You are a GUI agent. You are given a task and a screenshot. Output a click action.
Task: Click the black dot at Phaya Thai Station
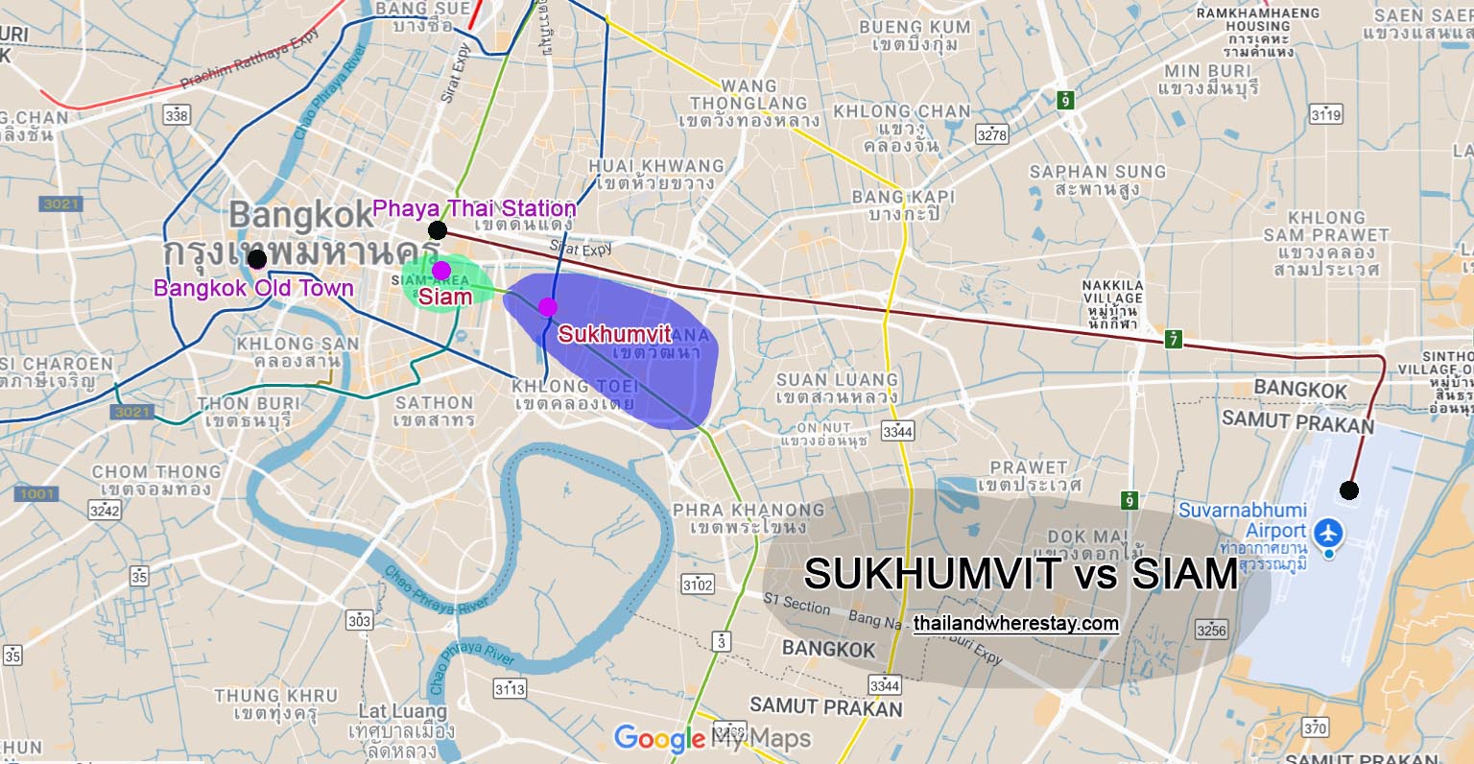click(438, 229)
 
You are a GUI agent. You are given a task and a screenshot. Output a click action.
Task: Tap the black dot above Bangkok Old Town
click(256, 259)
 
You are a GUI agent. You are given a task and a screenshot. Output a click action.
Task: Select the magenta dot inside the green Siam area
click(441, 270)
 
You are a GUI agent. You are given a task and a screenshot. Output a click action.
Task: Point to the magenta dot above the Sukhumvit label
click(547, 306)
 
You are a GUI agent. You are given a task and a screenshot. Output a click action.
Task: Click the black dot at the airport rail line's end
click(1349, 490)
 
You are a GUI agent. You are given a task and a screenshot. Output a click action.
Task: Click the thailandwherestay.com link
click(1016, 624)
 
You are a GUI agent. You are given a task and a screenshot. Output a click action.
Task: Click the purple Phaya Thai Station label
click(474, 208)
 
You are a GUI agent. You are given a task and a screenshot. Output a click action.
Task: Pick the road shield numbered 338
click(177, 115)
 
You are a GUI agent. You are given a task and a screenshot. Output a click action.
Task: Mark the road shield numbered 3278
click(991, 134)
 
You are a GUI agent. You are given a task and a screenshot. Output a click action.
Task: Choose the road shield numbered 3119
click(1325, 115)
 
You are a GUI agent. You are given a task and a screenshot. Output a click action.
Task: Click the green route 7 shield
click(1173, 340)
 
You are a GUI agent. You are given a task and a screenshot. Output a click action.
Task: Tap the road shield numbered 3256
click(1211, 630)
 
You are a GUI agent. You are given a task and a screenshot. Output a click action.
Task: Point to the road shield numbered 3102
click(698, 584)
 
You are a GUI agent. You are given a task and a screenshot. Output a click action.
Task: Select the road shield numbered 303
click(359, 620)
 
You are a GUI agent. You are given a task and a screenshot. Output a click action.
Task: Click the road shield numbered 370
click(1315, 728)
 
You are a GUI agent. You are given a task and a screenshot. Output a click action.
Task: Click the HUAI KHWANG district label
click(656, 166)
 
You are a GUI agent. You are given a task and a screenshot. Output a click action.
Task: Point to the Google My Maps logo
click(712, 738)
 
